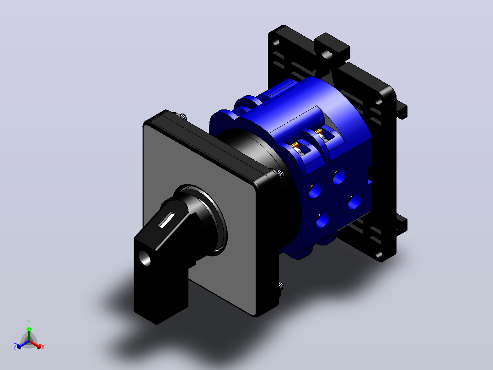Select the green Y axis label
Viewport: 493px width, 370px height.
[29, 322]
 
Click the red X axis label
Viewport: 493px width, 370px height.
[43, 347]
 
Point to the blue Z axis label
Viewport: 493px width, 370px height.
[15, 346]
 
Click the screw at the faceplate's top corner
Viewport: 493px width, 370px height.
[182, 116]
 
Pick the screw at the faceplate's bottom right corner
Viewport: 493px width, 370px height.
[280, 286]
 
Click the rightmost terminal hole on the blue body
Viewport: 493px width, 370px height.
[355, 200]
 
